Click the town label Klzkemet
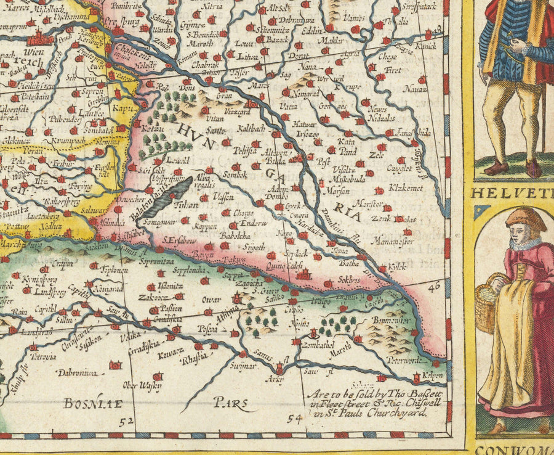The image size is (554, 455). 405,187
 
